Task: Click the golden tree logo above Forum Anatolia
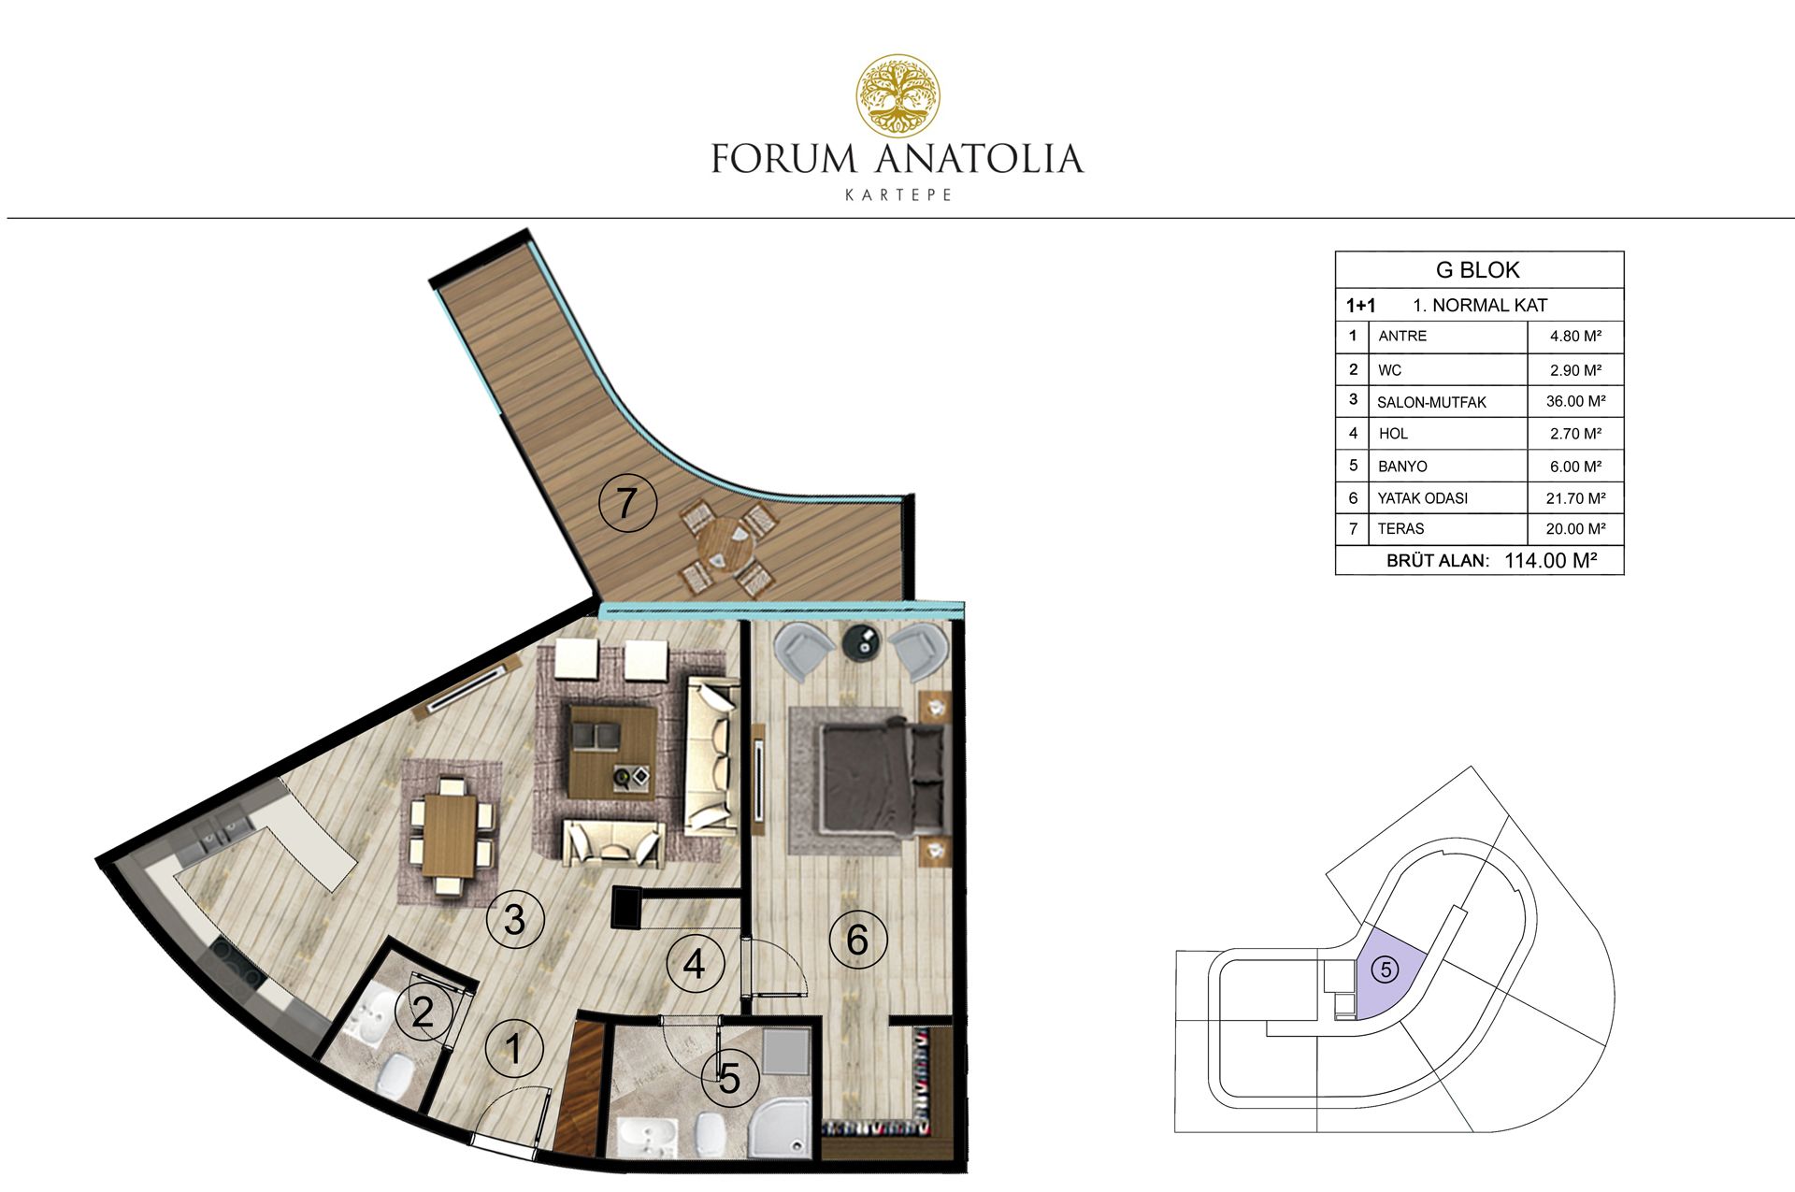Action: click(898, 94)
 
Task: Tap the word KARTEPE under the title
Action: click(897, 195)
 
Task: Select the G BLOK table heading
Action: click(1477, 270)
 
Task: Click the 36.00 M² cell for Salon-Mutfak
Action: click(1575, 401)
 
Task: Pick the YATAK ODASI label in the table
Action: click(1422, 498)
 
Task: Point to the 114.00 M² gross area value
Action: click(1550, 561)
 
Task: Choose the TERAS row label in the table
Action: click(1400, 528)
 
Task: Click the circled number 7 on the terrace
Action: click(627, 503)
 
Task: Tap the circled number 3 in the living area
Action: click(514, 920)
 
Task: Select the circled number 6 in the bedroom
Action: click(857, 939)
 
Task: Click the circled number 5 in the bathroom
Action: click(729, 1078)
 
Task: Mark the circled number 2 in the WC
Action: click(423, 1012)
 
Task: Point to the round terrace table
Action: click(726, 545)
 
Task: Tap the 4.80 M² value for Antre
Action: click(1575, 337)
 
